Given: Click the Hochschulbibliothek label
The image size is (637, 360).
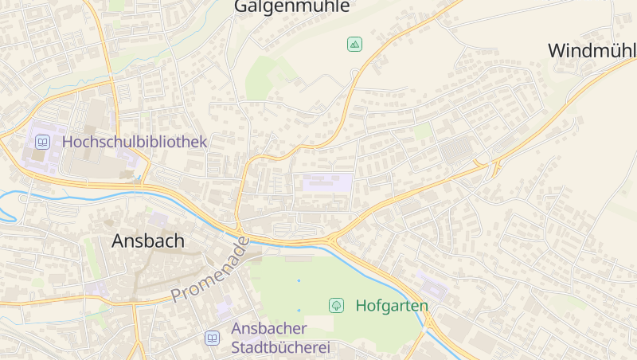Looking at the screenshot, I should coord(134,142).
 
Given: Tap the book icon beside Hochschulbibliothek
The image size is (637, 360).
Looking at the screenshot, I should coord(42,142).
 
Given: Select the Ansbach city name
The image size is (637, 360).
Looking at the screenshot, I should coord(148,241).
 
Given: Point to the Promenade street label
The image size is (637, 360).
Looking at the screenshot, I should coord(209,270).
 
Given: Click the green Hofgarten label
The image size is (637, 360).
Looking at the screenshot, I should coord(392,305).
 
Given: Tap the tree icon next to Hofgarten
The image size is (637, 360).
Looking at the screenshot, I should coord(336,305).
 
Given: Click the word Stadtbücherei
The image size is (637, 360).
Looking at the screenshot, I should coord(280,348).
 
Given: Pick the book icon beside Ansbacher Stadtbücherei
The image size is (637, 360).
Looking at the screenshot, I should coord(212,338).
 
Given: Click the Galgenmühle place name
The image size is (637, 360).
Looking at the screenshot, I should coord(291,6).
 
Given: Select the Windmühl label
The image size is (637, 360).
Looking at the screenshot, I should coord(592,50).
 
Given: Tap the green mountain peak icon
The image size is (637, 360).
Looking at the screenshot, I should coord(354,44).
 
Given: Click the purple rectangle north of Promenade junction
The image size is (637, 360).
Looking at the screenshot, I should coord(326,182).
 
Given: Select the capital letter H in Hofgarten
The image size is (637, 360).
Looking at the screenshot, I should coord(361,305).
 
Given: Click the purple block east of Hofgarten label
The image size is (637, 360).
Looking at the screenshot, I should coord(431,284).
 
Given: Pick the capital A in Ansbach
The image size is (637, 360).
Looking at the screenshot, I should coord(119,241).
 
